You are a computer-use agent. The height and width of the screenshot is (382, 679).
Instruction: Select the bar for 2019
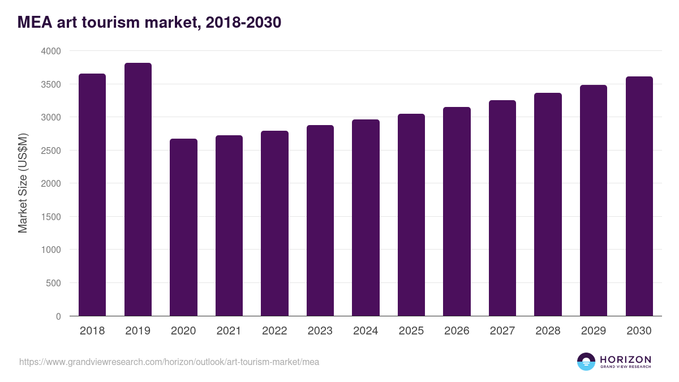(138, 190)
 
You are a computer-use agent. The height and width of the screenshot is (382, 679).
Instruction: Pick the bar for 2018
(92, 195)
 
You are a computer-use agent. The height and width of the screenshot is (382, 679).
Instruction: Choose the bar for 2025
(411, 215)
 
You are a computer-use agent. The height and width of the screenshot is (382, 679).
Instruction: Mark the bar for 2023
(320, 221)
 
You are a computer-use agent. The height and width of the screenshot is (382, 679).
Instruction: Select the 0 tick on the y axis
(58, 316)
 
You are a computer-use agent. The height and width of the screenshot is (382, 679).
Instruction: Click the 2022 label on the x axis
(274, 331)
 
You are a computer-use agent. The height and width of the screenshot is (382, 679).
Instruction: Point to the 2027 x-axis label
(502, 331)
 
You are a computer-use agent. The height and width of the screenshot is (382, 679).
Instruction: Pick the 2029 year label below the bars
(594, 331)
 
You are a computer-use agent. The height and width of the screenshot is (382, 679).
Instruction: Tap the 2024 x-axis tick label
(366, 331)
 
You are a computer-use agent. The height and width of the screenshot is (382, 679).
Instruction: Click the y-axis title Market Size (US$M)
(23, 183)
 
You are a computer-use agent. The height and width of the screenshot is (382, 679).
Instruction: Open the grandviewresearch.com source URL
(169, 362)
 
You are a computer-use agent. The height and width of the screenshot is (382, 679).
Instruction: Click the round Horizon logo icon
(586, 362)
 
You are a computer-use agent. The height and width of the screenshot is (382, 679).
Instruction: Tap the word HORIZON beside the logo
(625, 359)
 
